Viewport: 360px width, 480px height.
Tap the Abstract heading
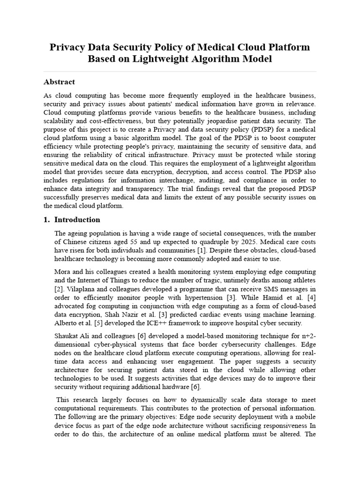tap(59, 82)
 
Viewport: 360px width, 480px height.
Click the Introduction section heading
tap(77, 220)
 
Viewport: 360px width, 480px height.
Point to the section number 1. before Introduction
tap(47, 220)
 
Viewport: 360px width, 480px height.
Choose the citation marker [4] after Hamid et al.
tap(311, 298)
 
